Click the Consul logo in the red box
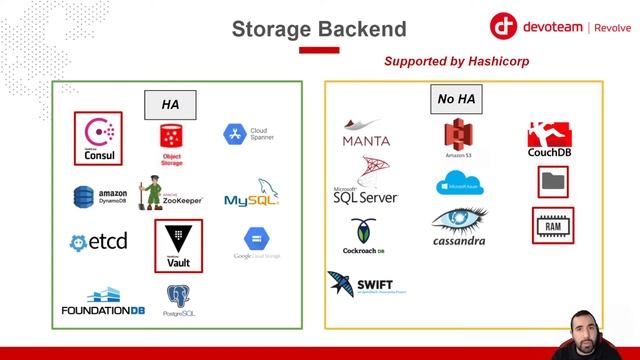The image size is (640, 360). [97, 138]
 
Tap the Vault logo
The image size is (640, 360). [178, 245]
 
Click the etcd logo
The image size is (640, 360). [98, 242]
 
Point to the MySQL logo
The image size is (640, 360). [251, 194]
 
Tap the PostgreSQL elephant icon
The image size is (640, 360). [180, 296]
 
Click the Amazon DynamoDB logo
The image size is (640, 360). [99, 195]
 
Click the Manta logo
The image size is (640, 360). [366, 134]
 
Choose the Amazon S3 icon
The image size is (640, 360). [458, 137]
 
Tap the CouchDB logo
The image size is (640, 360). [548, 140]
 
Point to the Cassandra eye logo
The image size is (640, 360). [459, 224]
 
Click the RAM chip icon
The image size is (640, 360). [553, 225]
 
